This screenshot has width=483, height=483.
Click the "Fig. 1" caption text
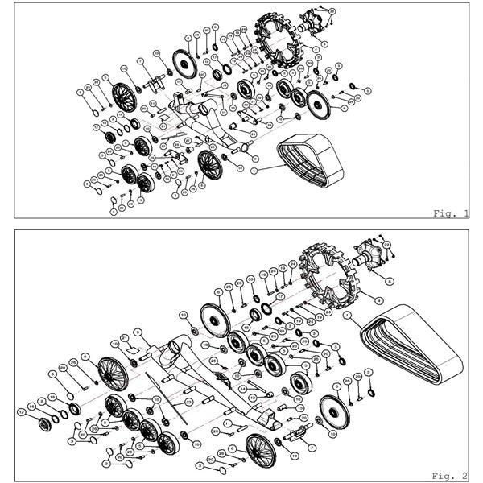coord(451,213)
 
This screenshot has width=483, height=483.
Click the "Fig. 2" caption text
coord(451,475)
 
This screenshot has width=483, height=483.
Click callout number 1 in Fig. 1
coord(254,171)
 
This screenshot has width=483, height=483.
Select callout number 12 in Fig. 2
coord(23,411)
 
